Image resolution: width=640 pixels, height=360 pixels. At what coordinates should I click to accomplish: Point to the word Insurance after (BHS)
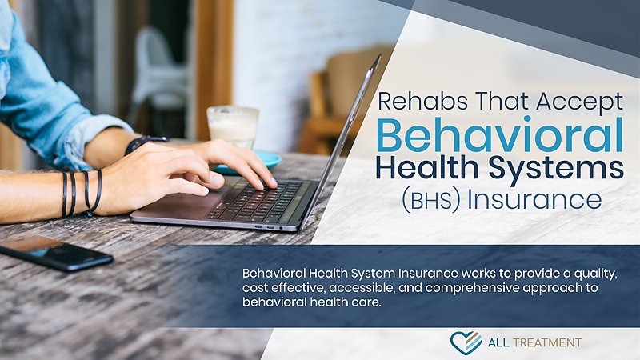click(x=534, y=198)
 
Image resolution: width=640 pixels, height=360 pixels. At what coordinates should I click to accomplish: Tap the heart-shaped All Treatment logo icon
click(x=465, y=342)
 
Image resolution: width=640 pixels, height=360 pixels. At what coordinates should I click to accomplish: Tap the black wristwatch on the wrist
click(x=145, y=144)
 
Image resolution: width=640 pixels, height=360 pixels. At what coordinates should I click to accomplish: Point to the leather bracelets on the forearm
click(x=80, y=193)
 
